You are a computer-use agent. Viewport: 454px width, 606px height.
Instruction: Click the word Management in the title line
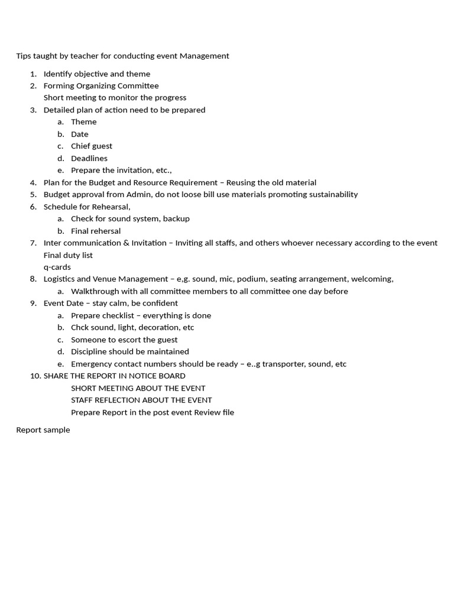click(x=204, y=56)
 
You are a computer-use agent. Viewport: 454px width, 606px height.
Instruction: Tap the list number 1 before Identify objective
click(x=33, y=74)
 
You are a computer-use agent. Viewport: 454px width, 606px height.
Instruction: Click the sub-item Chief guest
click(x=92, y=146)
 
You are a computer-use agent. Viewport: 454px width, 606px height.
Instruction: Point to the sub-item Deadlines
click(x=89, y=158)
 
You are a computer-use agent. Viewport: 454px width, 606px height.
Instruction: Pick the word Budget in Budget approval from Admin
click(x=57, y=195)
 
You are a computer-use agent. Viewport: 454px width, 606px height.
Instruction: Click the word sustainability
click(x=330, y=195)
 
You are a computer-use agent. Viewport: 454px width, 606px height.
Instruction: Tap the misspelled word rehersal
click(x=105, y=231)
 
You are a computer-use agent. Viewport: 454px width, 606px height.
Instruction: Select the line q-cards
click(x=57, y=267)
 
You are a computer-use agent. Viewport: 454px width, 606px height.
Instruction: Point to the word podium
click(x=251, y=279)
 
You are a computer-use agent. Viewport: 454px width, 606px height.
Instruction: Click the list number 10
click(x=35, y=376)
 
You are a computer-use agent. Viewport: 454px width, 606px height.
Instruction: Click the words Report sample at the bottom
click(x=43, y=430)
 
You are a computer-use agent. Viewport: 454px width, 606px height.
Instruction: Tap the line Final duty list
click(x=68, y=255)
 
